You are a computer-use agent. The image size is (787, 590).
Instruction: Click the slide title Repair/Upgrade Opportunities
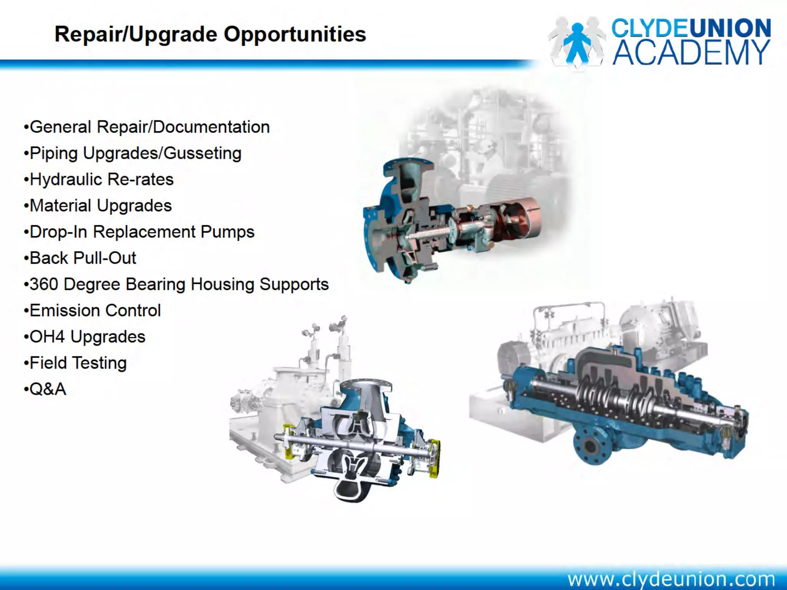click(210, 35)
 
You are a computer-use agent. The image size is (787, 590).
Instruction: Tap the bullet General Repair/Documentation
click(149, 127)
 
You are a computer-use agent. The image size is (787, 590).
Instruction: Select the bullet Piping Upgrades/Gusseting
click(135, 153)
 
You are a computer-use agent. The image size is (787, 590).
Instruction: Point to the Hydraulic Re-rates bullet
click(101, 179)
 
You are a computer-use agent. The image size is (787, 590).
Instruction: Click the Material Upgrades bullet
click(100, 206)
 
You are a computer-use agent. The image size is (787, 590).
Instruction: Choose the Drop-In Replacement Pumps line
click(142, 232)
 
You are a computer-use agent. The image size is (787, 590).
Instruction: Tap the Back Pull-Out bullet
click(83, 258)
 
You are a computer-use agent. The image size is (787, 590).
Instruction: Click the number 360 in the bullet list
click(43, 284)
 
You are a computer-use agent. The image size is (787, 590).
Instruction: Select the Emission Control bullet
click(95, 310)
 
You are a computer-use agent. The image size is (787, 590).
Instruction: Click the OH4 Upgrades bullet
click(87, 337)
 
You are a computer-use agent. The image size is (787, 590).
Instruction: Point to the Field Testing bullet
click(78, 363)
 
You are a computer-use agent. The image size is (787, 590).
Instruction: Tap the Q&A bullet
click(48, 389)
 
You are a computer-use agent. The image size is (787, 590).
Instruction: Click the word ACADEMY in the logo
click(691, 53)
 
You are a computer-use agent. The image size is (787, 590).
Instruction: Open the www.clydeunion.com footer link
click(671, 578)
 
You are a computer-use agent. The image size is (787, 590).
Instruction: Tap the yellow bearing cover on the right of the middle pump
click(434, 457)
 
